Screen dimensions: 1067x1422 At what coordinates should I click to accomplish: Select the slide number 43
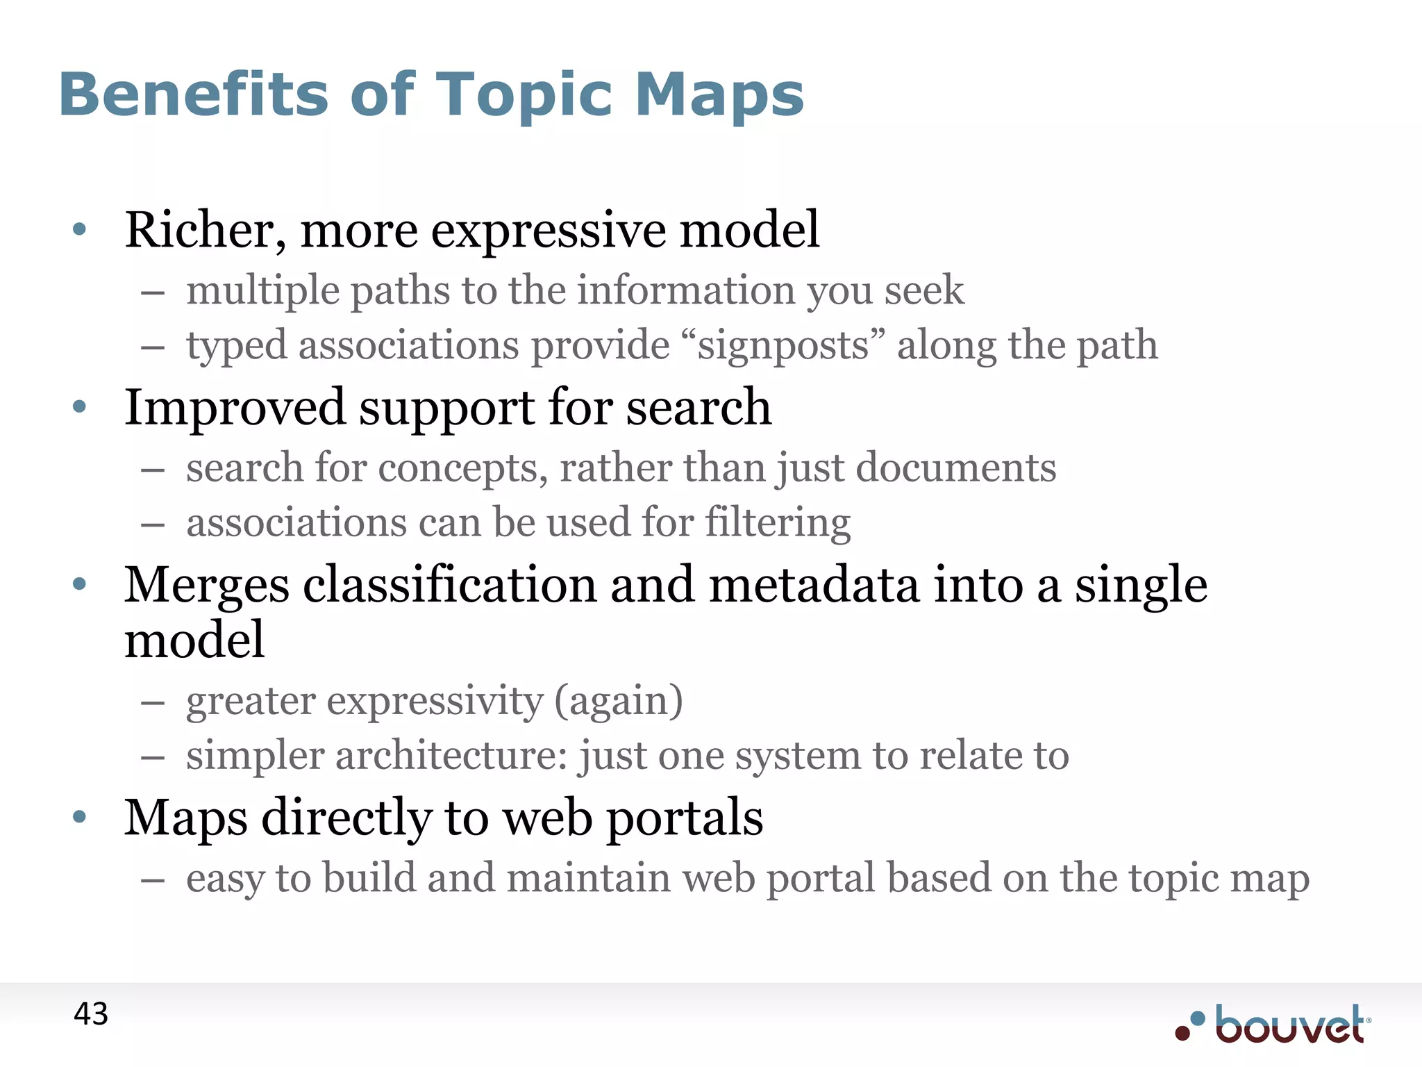(91, 1014)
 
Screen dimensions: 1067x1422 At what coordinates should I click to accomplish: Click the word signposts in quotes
(783, 345)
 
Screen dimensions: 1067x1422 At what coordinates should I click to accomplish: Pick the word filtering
(778, 522)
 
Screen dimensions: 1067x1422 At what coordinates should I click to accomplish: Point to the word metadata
(815, 585)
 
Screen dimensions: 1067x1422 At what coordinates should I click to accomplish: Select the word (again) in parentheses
(619, 701)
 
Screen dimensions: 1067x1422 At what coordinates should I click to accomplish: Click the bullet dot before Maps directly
(80, 817)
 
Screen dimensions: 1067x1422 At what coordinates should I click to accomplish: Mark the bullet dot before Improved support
(80, 406)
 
